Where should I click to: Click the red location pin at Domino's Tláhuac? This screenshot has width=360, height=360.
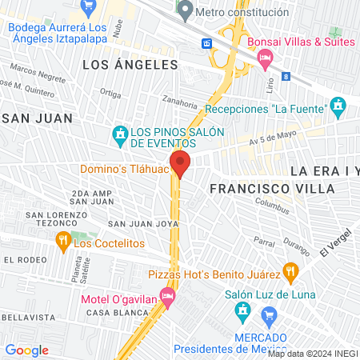point(180,162)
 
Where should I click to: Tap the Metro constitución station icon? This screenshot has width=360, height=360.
point(186,11)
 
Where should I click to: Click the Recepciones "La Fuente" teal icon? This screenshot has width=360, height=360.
point(338,106)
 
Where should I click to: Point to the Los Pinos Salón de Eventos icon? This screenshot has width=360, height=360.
point(121,133)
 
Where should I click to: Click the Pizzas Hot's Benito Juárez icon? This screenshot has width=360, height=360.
point(292,273)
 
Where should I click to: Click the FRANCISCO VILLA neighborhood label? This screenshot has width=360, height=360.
point(250,189)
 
